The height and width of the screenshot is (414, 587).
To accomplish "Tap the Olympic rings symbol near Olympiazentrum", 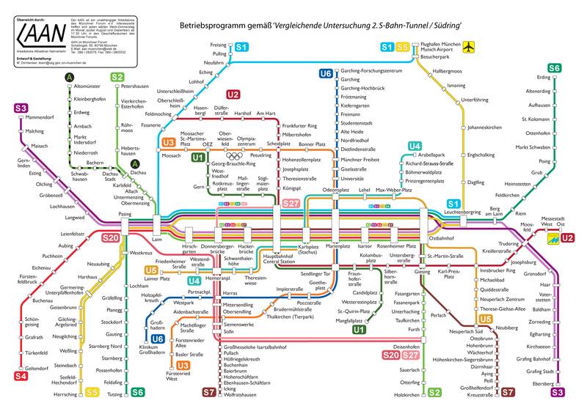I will [233, 155].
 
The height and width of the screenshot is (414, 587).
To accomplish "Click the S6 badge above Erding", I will [554, 68].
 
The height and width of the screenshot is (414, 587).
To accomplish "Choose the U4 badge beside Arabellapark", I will [415, 146].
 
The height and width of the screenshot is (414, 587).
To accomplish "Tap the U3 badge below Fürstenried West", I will [183, 365].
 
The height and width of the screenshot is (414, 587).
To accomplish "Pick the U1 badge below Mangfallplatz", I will [359, 330].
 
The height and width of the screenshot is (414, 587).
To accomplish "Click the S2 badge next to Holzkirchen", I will [434, 393].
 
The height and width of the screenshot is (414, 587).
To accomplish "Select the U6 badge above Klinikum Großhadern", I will [157, 339].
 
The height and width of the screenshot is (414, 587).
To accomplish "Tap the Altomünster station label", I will [87, 86].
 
